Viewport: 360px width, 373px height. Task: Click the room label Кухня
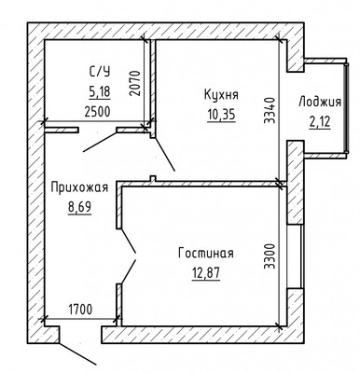click(221, 94)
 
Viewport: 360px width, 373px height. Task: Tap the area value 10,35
click(221, 115)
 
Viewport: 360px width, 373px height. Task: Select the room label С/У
click(100, 72)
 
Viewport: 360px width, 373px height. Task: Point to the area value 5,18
click(100, 92)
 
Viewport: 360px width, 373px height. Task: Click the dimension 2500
click(97, 112)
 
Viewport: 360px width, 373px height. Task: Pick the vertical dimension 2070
click(135, 83)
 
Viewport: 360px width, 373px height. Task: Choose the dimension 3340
click(270, 110)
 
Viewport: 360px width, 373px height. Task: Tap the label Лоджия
click(320, 103)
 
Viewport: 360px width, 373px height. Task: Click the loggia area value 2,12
click(320, 121)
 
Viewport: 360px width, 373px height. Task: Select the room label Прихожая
click(79, 187)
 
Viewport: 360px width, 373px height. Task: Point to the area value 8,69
click(79, 208)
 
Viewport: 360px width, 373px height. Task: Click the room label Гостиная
click(206, 253)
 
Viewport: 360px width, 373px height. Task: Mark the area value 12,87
click(206, 273)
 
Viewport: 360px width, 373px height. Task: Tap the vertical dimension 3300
click(270, 256)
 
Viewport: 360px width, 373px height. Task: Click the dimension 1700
click(80, 310)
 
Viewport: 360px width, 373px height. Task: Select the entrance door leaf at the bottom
click(77, 353)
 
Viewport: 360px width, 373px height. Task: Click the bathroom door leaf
click(100, 142)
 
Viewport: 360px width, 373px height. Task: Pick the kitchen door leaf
click(164, 154)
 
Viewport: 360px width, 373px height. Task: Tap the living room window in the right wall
click(295, 256)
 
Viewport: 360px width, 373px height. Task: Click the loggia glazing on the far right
click(347, 108)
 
